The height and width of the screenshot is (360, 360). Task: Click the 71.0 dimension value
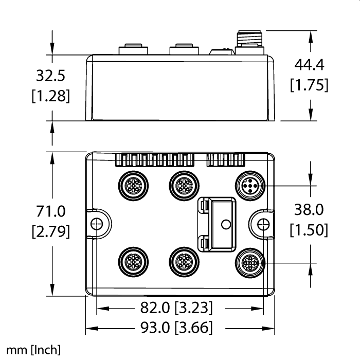coord(51,211)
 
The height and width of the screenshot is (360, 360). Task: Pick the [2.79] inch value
coord(51,231)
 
